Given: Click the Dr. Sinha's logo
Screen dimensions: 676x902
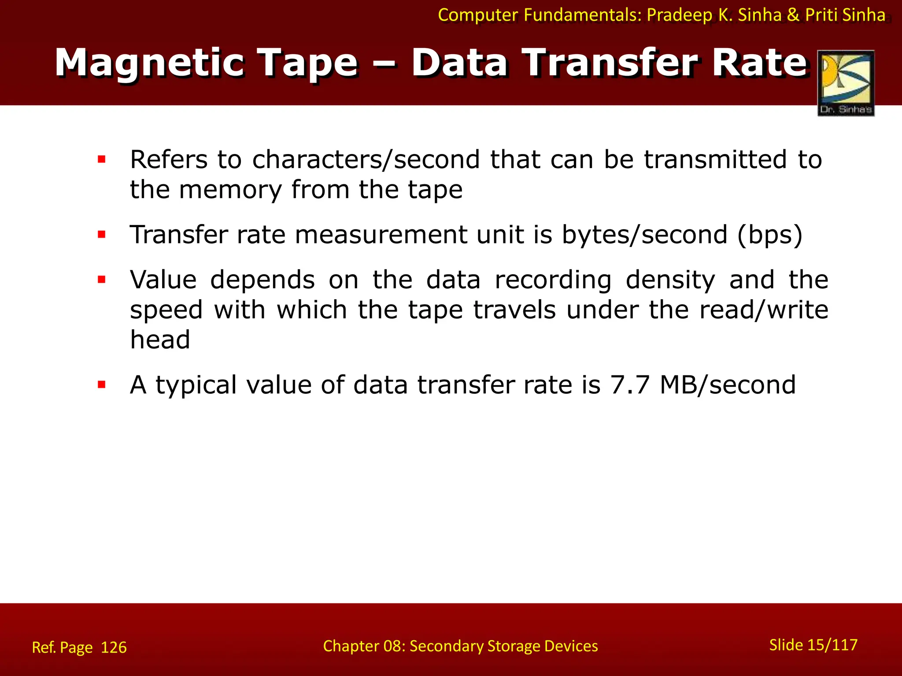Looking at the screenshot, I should [x=846, y=83].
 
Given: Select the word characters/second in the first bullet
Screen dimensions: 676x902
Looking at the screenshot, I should [x=366, y=159].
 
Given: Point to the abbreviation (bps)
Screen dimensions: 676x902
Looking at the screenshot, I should [x=770, y=235].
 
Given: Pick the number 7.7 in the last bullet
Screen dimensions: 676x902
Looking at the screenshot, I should [x=630, y=385].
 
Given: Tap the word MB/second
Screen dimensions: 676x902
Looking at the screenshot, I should [x=728, y=385].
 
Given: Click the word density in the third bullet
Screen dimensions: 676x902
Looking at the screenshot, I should [x=670, y=280].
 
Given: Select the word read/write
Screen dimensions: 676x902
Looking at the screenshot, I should [x=764, y=310].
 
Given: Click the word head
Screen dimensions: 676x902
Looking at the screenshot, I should [x=160, y=340].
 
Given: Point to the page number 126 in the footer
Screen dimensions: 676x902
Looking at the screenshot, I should [x=114, y=647].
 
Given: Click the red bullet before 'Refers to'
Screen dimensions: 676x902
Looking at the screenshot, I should [x=102, y=159].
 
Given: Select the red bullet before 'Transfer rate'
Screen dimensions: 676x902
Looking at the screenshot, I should [x=102, y=235].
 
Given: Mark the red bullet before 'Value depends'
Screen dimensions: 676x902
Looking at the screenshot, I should [x=102, y=279].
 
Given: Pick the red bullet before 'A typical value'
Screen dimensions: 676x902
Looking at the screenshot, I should [x=102, y=385].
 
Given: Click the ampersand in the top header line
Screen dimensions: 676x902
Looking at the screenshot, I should [x=793, y=15].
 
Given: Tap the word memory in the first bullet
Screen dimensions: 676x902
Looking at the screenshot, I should [x=230, y=190].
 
